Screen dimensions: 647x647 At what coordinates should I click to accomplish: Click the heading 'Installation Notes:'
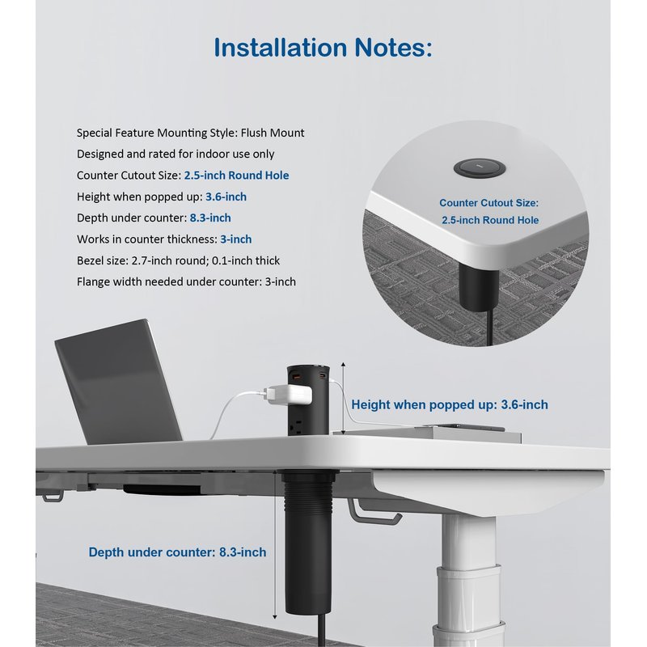[323, 48]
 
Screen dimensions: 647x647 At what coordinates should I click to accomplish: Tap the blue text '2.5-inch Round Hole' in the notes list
[236, 175]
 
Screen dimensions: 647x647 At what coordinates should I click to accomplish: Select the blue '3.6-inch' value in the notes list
[226, 197]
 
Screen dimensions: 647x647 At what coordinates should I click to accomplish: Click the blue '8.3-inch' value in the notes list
[210, 218]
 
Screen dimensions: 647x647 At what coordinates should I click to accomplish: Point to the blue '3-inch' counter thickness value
[235, 239]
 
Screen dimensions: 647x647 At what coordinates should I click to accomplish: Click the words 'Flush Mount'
[273, 133]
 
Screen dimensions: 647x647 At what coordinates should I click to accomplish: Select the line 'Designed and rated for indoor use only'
[175, 154]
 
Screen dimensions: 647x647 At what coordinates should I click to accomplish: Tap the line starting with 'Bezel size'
[178, 260]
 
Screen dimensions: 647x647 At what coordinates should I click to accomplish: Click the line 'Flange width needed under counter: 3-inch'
[186, 281]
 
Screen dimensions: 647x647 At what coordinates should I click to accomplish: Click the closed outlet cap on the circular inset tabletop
[480, 168]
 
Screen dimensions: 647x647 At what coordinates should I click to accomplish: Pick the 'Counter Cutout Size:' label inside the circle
[489, 203]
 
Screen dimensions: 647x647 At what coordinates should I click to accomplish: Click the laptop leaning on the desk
[118, 382]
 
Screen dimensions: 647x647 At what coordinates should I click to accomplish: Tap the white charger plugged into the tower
[287, 394]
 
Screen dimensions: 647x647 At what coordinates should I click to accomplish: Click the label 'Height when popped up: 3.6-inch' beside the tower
[450, 405]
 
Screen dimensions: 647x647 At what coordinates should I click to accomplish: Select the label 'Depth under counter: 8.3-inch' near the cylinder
[177, 552]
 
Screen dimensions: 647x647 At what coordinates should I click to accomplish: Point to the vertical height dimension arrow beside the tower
[343, 398]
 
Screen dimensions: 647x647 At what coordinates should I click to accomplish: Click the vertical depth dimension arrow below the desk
[275, 546]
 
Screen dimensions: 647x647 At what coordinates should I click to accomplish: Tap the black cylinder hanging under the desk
[308, 543]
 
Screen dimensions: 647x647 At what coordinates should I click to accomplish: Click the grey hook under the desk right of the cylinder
[374, 512]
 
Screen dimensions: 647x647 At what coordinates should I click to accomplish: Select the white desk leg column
[468, 577]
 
